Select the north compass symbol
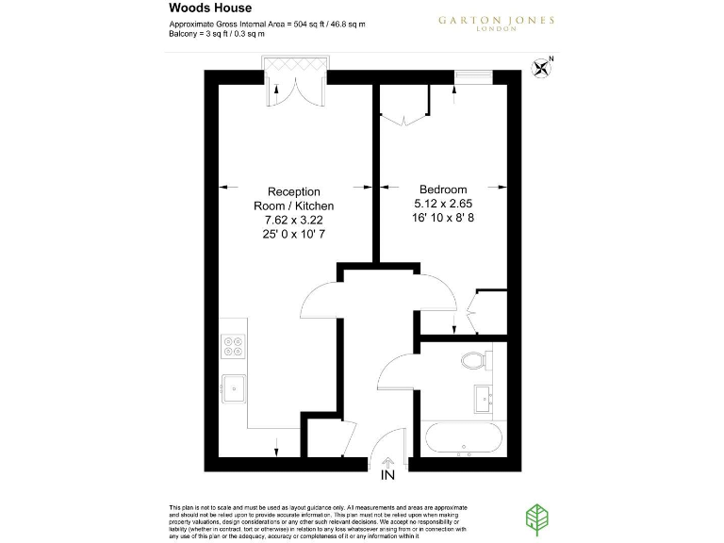point(542,66)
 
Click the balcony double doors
point(295,86)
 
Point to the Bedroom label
point(443,189)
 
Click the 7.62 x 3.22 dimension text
point(293,220)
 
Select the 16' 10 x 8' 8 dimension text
point(443,218)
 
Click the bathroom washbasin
point(485,398)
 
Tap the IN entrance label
point(387,476)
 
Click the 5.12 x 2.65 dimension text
point(443,204)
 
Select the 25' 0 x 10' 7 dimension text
point(293,234)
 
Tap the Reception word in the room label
point(293,191)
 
